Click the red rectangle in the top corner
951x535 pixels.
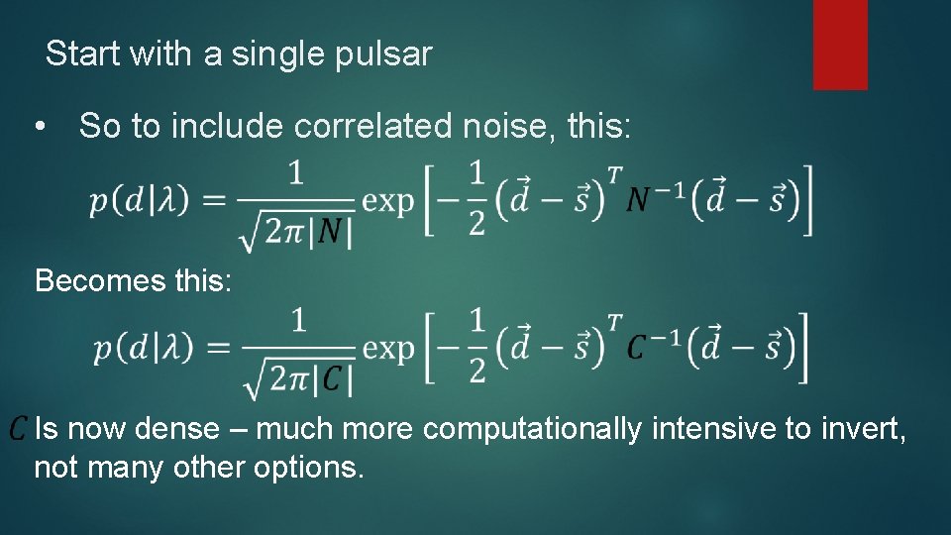840,45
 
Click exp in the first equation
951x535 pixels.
387,202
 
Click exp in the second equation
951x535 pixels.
387,349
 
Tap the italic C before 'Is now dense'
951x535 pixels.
19,428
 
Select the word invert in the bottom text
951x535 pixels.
862,429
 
